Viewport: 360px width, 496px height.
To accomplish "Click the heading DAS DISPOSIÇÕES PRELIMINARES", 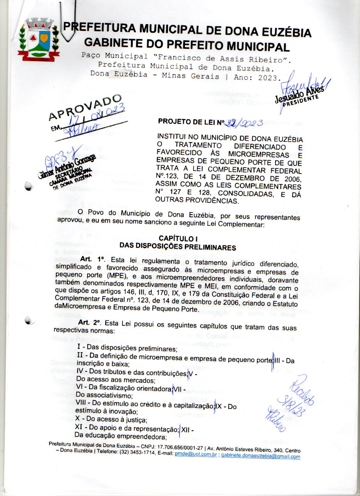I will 177,246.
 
